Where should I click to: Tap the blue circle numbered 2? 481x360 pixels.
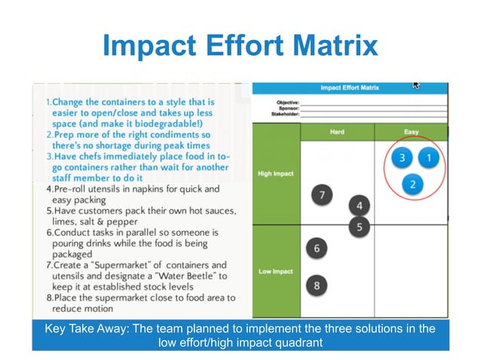[412, 183]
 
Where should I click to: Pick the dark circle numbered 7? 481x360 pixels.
[322, 195]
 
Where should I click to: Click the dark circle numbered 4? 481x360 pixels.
[360, 205]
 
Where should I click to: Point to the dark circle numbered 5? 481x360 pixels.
[360, 225]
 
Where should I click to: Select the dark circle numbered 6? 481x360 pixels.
[317, 248]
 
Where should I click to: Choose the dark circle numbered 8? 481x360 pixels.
[317, 285]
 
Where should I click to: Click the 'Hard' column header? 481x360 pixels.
[337, 132]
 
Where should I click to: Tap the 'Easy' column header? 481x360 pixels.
[411, 132]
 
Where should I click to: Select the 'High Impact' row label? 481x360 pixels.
[275, 173]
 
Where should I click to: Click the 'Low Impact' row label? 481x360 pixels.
[275, 271]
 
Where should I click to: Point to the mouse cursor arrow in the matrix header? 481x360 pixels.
[415, 86]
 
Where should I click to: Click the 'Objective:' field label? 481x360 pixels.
[287, 101]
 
